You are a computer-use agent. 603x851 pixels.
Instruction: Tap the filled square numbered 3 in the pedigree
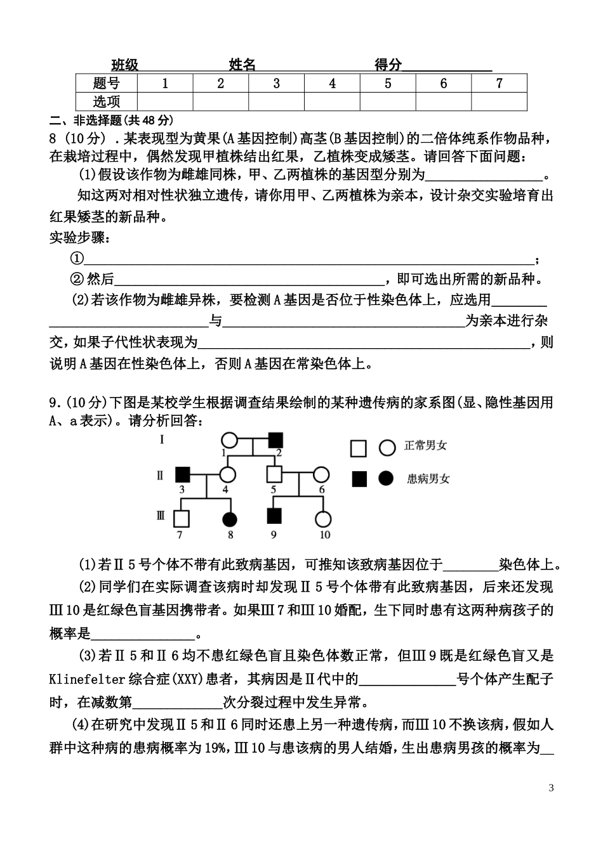pyautogui.click(x=183, y=474)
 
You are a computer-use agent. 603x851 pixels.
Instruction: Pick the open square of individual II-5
pyautogui.click(x=274, y=474)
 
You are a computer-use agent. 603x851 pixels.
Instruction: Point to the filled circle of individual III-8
pyautogui.click(x=230, y=519)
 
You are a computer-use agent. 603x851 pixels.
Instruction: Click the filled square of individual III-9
pyautogui.click(x=274, y=519)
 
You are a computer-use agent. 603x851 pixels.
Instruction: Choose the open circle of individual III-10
pyautogui.click(x=323, y=519)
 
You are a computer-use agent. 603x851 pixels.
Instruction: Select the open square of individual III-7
pyautogui.click(x=182, y=519)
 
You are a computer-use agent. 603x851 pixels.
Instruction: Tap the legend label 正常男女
pyautogui.click(x=425, y=446)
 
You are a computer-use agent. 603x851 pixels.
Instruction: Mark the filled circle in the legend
pyautogui.click(x=386, y=479)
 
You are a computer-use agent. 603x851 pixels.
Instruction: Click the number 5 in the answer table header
pyautogui.click(x=388, y=83)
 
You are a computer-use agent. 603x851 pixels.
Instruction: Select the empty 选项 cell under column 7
pyautogui.click(x=499, y=101)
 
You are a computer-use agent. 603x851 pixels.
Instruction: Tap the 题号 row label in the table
pyautogui.click(x=106, y=83)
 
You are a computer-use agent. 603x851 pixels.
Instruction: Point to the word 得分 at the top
pyautogui.click(x=388, y=65)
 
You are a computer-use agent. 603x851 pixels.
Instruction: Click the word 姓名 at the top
pyautogui.click(x=242, y=65)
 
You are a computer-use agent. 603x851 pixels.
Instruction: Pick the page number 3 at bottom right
pyautogui.click(x=551, y=788)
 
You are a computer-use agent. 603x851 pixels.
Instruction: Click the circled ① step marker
pyautogui.click(x=77, y=258)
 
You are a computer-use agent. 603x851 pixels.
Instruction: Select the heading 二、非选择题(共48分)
pyautogui.click(x=111, y=120)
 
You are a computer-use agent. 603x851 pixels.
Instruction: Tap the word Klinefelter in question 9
pyautogui.click(x=87, y=679)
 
